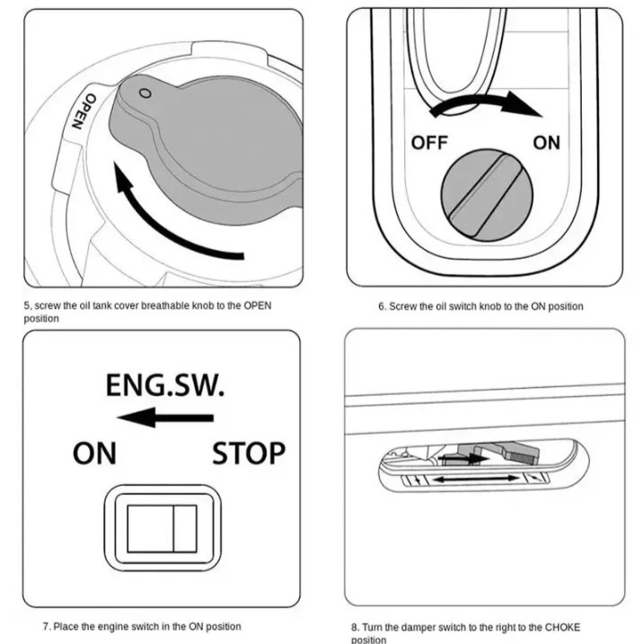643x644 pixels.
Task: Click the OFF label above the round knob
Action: (429, 142)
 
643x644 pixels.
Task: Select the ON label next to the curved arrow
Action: (546, 142)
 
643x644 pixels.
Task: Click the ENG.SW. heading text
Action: (165, 386)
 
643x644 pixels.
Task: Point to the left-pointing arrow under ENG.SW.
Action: (165, 417)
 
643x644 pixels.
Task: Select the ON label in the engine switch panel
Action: (94, 453)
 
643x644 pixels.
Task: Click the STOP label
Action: (249, 453)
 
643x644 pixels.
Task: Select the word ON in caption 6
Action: (538, 307)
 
